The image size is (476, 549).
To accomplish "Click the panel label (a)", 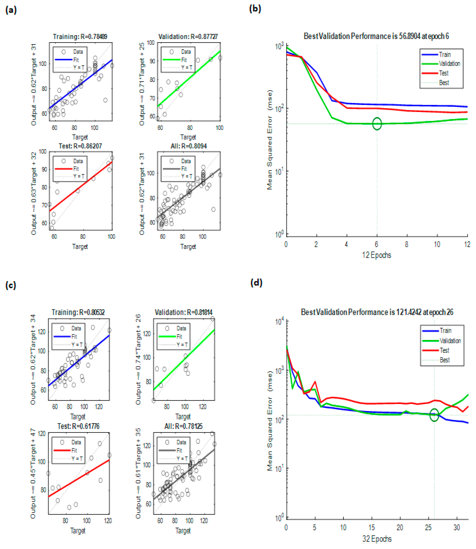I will tap(11, 10).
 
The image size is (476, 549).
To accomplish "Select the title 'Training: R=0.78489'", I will tap(80, 36).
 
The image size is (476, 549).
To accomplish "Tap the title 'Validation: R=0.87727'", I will tap(188, 36).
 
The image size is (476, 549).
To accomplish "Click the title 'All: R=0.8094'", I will tap(189, 146).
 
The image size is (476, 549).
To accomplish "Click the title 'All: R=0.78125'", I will tap(183, 426).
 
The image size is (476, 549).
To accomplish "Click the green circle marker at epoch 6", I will tap(377, 124).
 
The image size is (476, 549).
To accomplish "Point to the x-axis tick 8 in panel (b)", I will tap(407, 244).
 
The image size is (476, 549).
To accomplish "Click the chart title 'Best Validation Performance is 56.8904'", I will tap(376, 36).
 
